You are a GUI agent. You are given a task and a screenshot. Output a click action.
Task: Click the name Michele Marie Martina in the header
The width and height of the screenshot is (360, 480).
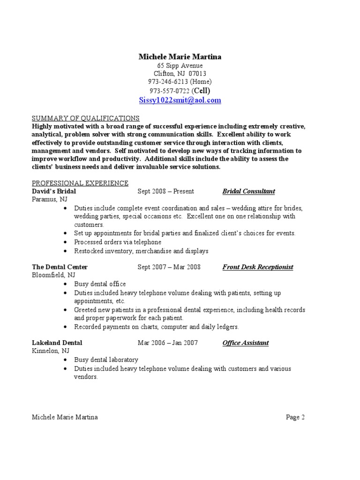180,57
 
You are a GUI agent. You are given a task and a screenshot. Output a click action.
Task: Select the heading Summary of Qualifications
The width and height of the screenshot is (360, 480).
85,118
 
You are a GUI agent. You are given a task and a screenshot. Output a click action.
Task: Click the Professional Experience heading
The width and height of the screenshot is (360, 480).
80,183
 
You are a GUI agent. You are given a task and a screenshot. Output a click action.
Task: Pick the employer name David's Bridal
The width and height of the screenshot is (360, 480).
54,191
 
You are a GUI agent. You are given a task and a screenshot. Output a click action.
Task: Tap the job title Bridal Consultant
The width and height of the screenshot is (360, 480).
248,191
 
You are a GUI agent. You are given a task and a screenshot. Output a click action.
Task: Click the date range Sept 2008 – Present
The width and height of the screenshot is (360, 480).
166,191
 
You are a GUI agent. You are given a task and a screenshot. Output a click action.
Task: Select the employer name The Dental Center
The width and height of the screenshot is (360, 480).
60,267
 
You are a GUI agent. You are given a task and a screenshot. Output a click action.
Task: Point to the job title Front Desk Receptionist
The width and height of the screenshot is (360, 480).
258,267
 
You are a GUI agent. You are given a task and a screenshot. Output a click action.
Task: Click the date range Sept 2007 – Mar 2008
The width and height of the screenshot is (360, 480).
169,267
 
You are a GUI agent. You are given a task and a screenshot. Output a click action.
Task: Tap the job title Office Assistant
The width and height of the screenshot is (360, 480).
246,343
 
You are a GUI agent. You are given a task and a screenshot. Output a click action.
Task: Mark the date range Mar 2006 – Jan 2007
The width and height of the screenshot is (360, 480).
168,343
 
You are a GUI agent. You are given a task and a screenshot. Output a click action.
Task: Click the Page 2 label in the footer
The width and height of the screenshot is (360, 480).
296,417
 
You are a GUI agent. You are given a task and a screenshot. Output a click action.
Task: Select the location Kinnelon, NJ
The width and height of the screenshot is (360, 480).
50,351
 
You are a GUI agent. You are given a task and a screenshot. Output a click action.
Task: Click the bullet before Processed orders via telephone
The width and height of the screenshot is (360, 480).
64,242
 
